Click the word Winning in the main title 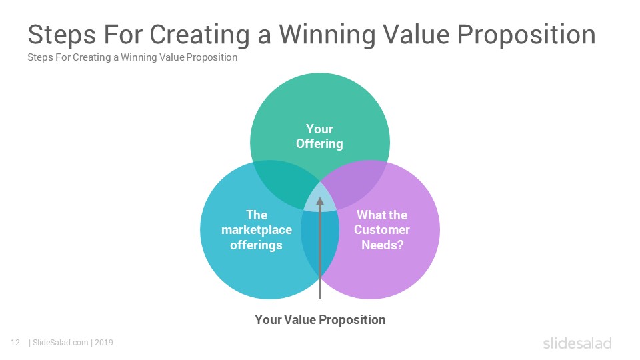[x=327, y=35]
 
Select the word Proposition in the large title [x=526, y=35]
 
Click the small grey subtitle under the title [x=132, y=57]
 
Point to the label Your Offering [x=319, y=136]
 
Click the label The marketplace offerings [x=256, y=230]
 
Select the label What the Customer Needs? [x=382, y=230]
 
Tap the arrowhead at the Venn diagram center [x=320, y=201]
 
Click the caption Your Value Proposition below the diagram [x=320, y=319]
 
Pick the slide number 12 [x=15, y=343]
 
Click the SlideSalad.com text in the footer [x=61, y=343]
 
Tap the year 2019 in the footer [x=104, y=343]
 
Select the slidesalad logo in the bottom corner [x=577, y=343]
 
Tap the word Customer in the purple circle [x=382, y=230]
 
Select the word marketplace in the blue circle [x=256, y=230]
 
